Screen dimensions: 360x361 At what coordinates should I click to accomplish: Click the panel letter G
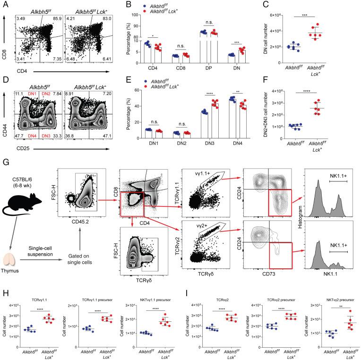(4, 161)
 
